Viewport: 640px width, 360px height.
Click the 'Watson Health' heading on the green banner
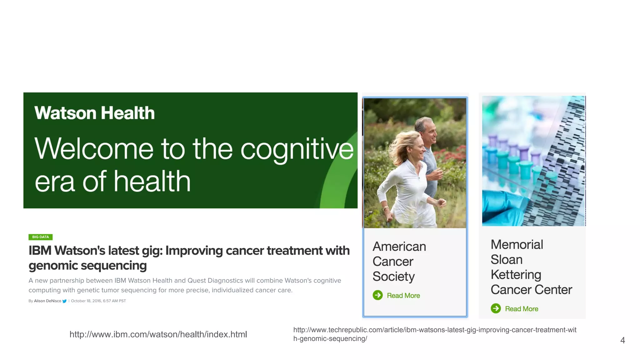coord(94,113)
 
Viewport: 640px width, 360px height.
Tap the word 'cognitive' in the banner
coord(297,150)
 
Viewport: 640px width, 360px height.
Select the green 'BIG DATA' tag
coord(40,237)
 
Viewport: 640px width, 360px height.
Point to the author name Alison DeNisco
coord(47,301)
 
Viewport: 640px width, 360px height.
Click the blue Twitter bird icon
coord(65,301)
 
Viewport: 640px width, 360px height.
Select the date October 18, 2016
coord(86,301)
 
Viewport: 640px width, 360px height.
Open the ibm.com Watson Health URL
coord(158,334)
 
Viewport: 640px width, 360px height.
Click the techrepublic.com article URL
coord(434,334)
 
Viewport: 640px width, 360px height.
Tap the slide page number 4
coord(622,340)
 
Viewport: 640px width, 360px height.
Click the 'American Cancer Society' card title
coord(399,262)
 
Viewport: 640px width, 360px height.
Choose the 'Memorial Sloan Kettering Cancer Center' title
coord(531,267)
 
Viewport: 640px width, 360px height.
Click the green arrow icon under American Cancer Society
coord(377,295)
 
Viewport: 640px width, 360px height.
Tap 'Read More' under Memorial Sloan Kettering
coord(522,309)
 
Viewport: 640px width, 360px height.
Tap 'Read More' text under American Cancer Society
coord(403,296)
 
